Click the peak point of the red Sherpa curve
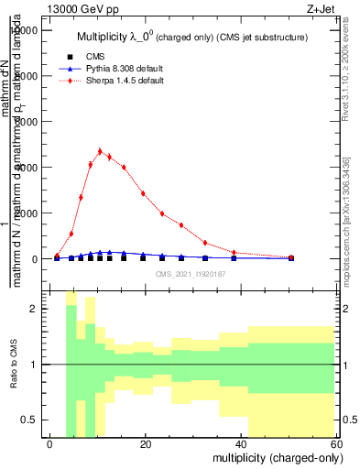[100, 151]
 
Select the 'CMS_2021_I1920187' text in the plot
[191, 273]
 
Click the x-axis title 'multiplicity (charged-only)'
[273, 456]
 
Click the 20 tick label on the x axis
[146, 443]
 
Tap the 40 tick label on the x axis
[241, 443]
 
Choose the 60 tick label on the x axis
[336, 443]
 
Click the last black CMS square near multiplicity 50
[290, 258]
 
